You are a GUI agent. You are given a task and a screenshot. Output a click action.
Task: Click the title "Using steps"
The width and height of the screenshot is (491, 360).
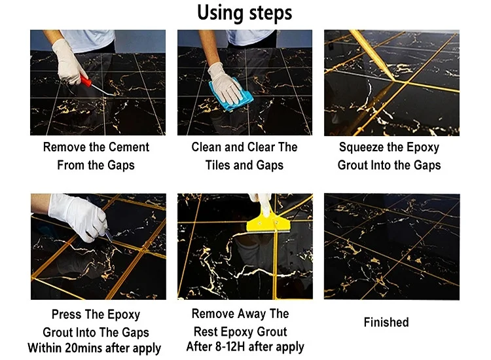click(x=245, y=13)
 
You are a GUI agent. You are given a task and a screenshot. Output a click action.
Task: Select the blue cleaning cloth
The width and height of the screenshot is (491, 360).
click(x=231, y=94)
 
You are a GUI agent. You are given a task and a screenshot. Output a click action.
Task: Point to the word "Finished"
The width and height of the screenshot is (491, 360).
click(x=386, y=322)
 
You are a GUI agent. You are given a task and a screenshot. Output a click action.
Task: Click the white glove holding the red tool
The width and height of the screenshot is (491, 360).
click(x=67, y=62)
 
